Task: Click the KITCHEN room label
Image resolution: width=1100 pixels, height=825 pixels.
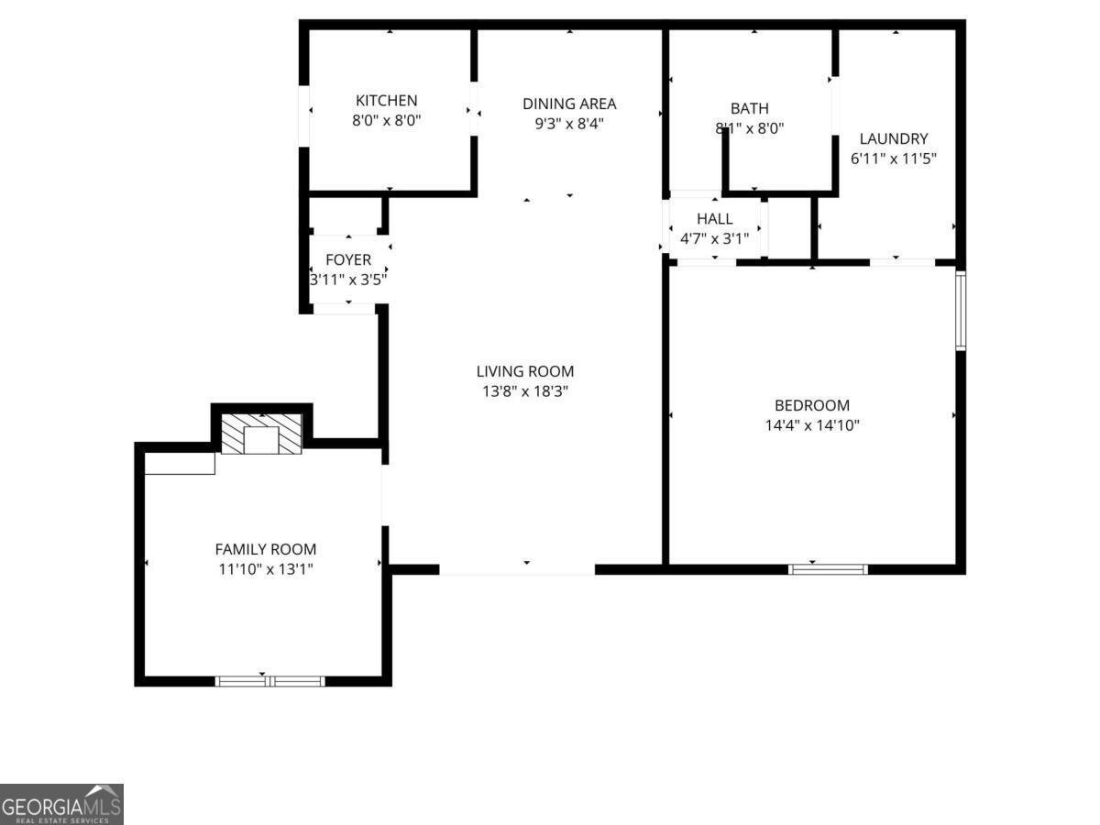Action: tap(386, 101)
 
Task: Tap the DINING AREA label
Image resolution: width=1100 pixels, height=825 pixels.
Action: tap(569, 104)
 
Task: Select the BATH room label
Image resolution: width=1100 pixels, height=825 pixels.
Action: tap(750, 108)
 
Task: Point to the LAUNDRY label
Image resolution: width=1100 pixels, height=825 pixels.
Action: tap(894, 139)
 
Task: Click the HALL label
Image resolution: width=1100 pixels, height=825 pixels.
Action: tap(714, 219)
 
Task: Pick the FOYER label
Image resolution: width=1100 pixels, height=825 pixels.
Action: tap(348, 260)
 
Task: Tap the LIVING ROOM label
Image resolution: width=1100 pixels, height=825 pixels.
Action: tap(525, 371)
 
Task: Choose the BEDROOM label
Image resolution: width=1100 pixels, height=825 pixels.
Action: tap(812, 405)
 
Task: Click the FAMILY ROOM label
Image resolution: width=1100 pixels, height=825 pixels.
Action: tap(266, 549)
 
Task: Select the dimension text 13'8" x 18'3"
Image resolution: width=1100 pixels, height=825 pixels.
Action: tap(525, 391)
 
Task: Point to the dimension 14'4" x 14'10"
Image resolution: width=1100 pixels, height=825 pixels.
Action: tap(812, 425)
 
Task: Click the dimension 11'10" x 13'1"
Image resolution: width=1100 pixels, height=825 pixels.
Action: tap(266, 569)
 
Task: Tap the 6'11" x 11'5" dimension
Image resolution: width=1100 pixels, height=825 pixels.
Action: tap(894, 158)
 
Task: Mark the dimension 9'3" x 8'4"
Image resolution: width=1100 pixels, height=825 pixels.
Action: tap(569, 123)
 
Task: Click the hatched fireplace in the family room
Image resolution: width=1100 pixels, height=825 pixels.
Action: tap(262, 434)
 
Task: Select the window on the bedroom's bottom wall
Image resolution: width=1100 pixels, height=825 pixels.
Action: tap(828, 569)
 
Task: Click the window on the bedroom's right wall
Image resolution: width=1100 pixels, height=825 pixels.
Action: tap(961, 310)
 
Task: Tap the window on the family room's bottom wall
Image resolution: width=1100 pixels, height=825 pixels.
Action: tap(269, 680)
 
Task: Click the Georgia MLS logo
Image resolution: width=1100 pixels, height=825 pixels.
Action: tap(61, 804)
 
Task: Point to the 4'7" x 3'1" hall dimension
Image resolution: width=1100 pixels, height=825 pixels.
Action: tap(714, 238)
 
